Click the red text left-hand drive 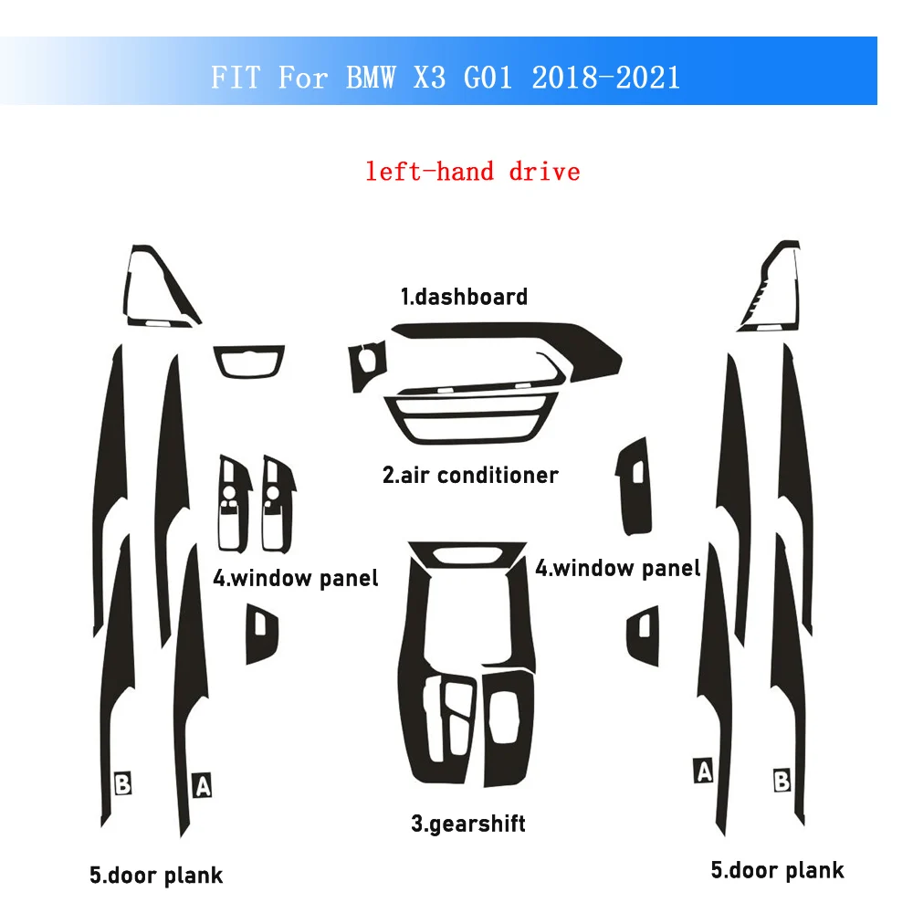[x=472, y=171]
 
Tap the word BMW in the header [x=371, y=77]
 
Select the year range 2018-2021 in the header [x=604, y=77]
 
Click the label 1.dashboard [x=464, y=297]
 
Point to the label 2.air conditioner [x=469, y=475]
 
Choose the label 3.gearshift [x=467, y=824]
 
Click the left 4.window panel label [x=295, y=578]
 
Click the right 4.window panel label [x=617, y=568]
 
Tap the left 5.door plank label [x=155, y=876]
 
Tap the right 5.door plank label [x=777, y=870]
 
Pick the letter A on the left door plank [x=202, y=784]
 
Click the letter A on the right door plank [x=703, y=771]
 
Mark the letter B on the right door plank [x=782, y=781]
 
